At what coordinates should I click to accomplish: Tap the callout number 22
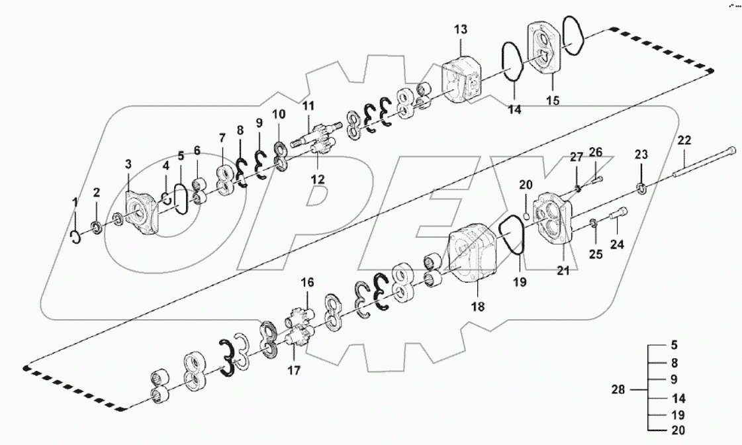684,140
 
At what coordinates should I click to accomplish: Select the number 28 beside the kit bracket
618,390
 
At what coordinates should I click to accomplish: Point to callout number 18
477,307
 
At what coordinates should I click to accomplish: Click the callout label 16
308,283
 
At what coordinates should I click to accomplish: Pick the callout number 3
129,164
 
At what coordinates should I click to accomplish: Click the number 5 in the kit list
674,345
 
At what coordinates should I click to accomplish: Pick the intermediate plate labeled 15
545,50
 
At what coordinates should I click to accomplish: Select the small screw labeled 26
597,177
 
